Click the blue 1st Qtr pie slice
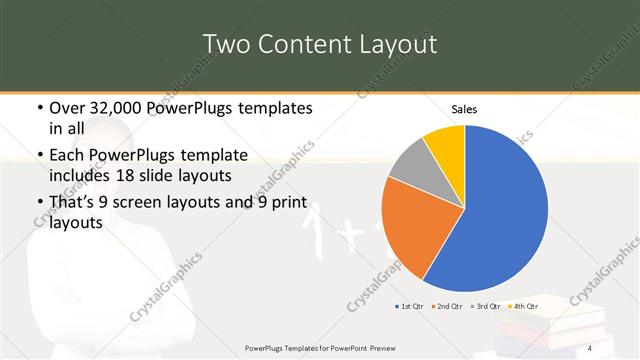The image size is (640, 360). coord(500,210)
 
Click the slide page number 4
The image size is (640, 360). coord(591,348)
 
